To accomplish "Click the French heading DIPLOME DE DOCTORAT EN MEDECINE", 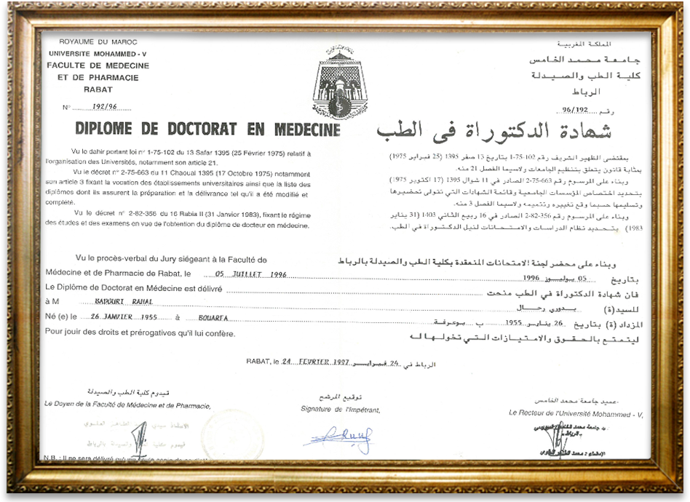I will (208, 130).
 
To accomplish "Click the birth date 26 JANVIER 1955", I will (123, 318).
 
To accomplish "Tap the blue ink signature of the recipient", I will (338, 439).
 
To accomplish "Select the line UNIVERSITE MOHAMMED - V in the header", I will (98, 55).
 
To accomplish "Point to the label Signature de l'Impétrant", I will (340, 410).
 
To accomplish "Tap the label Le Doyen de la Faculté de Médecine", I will (127, 405).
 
